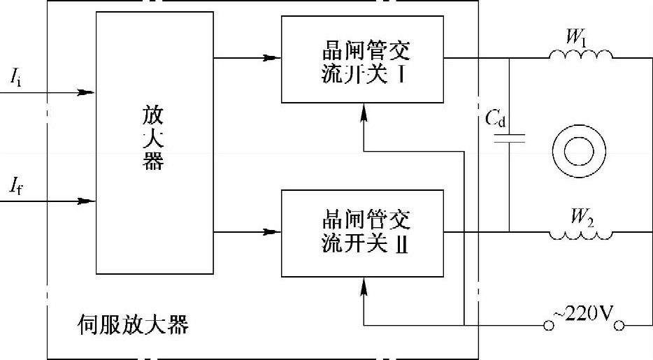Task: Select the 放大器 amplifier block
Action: tap(153, 143)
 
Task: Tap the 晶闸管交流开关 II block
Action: tap(363, 231)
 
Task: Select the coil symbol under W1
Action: tap(580, 55)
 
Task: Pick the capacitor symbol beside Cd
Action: tap(510, 139)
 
